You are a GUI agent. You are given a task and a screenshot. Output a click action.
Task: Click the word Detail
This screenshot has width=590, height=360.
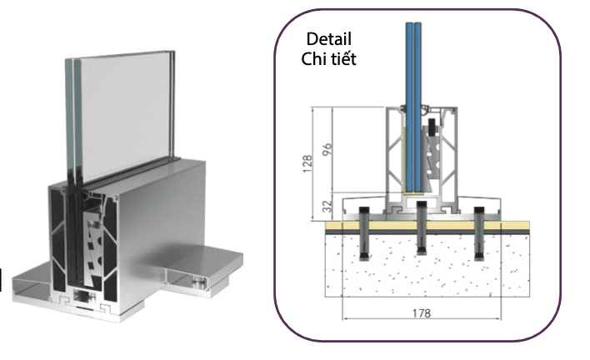tap(328, 40)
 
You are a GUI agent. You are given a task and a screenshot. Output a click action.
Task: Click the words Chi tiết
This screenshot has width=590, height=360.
tap(328, 59)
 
